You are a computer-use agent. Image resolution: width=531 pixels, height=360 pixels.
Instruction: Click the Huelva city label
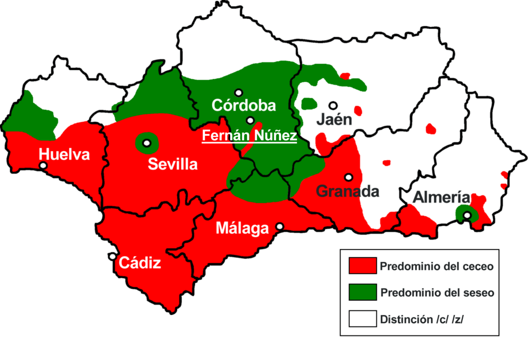(64, 154)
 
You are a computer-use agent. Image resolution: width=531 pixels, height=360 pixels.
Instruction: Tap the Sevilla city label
(173, 164)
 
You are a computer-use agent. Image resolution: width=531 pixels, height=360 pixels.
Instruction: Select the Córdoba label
(243, 106)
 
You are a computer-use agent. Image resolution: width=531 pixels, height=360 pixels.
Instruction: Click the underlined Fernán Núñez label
(249, 135)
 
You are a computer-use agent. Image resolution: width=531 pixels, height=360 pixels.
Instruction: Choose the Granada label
(348, 191)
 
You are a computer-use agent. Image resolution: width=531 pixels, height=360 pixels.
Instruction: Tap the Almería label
(442, 198)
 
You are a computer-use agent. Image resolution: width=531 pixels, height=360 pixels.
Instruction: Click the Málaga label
(242, 228)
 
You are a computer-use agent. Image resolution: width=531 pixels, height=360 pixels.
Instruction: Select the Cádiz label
(140, 262)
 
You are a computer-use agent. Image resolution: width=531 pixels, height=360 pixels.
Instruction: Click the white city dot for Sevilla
(146, 144)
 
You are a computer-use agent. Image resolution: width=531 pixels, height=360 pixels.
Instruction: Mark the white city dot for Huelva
(43, 165)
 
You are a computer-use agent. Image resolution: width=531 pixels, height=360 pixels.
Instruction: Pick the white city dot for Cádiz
(112, 256)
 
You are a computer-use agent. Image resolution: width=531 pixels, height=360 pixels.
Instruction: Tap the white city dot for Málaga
(280, 226)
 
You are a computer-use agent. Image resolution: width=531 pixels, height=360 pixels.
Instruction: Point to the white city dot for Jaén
(333, 105)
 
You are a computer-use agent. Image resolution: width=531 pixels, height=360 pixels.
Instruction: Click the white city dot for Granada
(348, 177)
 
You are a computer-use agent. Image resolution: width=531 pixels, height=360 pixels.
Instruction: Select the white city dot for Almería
(467, 216)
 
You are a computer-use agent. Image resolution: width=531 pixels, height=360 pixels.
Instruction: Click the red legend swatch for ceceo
(362, 266)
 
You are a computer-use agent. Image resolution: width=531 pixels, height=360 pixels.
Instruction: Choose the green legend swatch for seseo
(362, 292)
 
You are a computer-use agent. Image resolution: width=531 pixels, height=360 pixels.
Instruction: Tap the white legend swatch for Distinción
(362, 319)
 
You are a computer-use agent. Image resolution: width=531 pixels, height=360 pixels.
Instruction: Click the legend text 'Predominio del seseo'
(437, 293)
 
